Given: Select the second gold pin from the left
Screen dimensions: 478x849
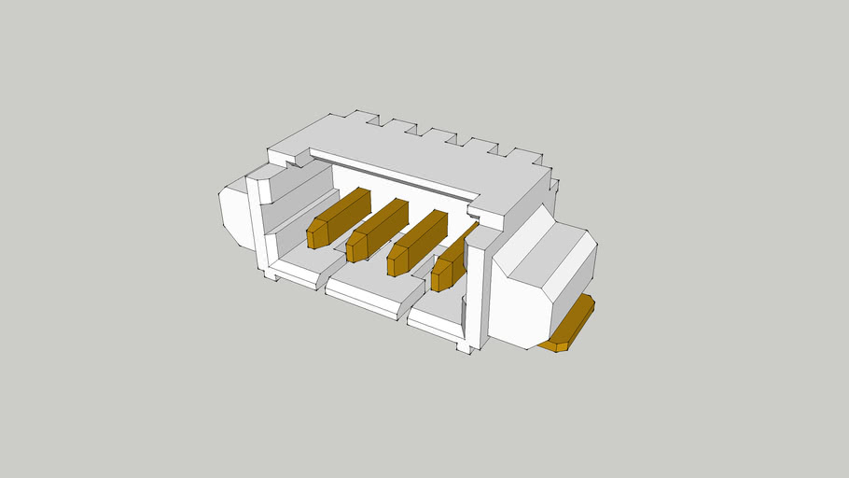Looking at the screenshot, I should tap(377, 229).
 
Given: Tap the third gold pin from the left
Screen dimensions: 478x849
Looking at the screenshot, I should tap(417, 241).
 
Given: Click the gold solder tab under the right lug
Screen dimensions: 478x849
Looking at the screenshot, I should tap(570, 326).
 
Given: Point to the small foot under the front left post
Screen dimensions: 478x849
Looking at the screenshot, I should tap(271, 276).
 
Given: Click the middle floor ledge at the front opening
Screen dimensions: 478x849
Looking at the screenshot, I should tap(369, 291).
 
